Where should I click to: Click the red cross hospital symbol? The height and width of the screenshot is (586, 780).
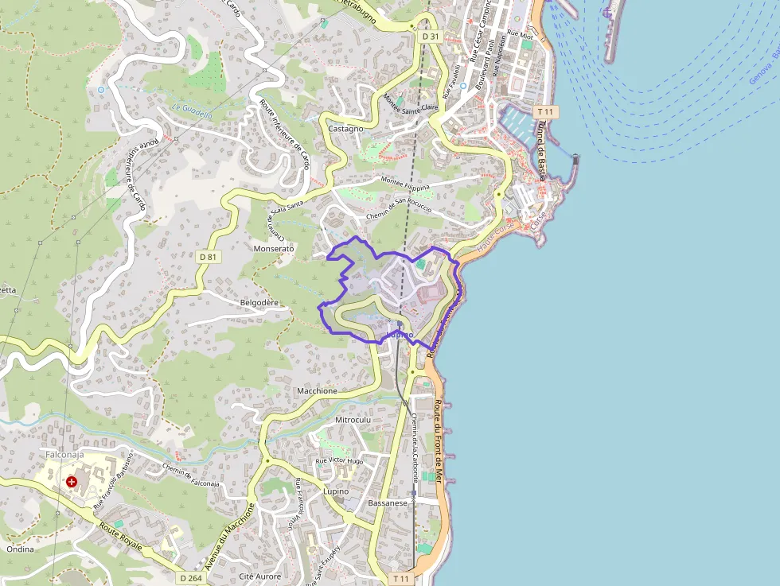tap(72, 482)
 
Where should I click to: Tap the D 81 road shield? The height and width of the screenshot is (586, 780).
tap(207, 257)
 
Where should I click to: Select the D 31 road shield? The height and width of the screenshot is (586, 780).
tap(431, 37)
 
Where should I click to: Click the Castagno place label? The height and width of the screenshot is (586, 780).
tap(345, 128)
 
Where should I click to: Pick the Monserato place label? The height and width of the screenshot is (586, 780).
tap(274, 249)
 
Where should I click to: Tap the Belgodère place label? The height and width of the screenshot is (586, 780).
tap(259, 303)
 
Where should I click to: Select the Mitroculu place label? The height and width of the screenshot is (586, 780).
tap(353, 419)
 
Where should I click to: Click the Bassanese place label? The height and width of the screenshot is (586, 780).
tap(388, 503)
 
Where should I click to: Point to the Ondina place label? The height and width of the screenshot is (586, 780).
tap(20, 549)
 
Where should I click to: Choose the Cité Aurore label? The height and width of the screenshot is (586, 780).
tap(260, 576)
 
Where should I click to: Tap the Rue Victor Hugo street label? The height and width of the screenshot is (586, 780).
tap(339, 461)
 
